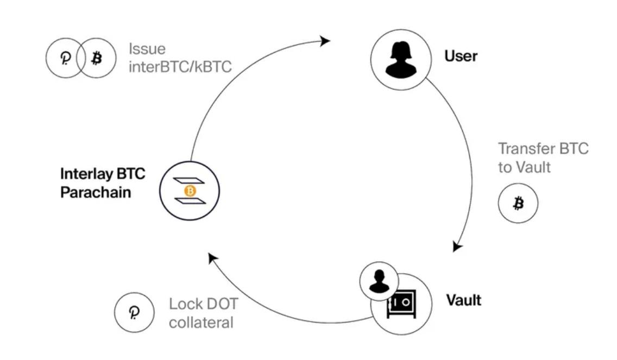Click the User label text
(461, 56)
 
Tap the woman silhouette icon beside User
(401, 59)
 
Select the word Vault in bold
(463, 300)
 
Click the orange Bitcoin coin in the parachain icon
(190, 191)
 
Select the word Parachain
(96, 192)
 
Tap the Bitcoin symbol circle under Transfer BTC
(518, 204)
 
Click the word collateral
(200, 322)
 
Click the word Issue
(147, 48)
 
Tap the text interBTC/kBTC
(180, 67)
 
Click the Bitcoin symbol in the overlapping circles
(96, 58)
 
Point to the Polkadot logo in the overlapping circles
(65, 58)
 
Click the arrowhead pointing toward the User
(325, 41)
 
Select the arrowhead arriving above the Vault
(457, 247)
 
